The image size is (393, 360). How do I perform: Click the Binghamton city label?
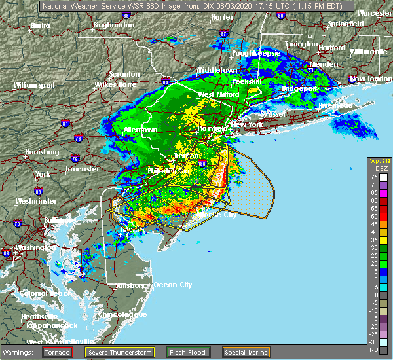113,25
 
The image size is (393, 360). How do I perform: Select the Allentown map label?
141,130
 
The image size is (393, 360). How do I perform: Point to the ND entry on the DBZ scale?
373,350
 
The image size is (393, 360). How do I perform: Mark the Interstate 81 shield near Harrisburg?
65,122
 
